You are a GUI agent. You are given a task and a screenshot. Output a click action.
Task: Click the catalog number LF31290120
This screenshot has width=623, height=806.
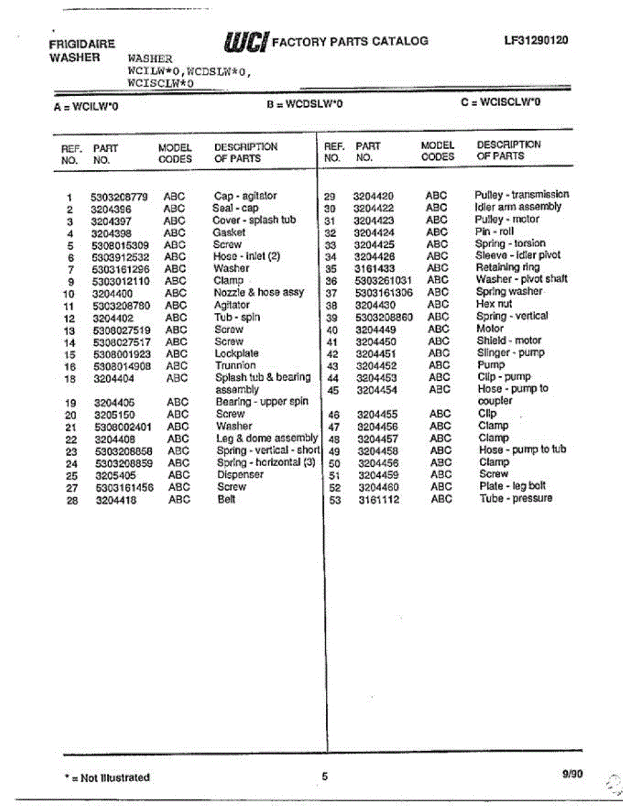[536, 40]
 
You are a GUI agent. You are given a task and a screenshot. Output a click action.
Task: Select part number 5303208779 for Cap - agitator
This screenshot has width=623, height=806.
[119, 197]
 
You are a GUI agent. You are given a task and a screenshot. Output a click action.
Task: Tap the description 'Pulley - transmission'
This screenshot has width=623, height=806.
[522, 195]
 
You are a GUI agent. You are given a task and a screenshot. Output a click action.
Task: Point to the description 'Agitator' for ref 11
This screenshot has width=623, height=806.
[232, 305]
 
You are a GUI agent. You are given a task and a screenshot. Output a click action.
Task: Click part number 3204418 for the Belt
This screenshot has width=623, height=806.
[115, 500]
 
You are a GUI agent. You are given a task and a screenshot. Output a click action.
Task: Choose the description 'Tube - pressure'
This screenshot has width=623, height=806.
[515, 498]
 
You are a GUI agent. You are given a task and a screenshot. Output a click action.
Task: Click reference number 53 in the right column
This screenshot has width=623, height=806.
[333, 499]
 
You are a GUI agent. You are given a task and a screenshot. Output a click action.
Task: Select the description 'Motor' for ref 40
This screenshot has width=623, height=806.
[490, 328]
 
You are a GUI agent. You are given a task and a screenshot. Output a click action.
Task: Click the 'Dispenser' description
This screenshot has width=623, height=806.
[240, 475]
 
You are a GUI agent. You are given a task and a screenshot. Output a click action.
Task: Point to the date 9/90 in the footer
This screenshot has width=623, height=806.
[573, 774]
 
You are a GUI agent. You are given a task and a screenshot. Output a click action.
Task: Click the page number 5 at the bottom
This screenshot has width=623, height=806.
[325, 777]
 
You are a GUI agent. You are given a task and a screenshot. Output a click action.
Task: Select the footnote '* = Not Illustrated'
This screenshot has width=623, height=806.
[107, 778]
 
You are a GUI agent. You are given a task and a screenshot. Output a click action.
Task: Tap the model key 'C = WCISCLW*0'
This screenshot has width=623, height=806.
[500, 102]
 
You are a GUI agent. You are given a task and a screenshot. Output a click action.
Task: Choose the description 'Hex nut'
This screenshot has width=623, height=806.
[494, 304]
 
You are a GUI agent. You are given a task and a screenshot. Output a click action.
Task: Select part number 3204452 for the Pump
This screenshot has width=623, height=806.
[376, 365]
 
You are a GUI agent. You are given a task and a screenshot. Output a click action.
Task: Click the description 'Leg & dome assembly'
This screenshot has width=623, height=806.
[267, 438]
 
